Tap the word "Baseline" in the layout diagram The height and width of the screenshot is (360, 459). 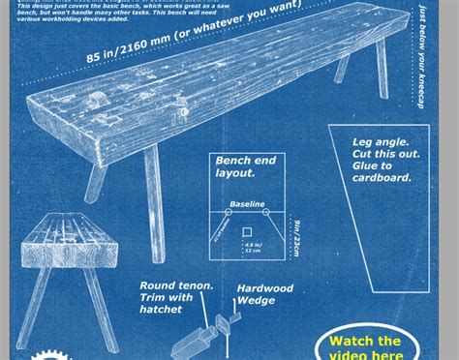pos(247,205)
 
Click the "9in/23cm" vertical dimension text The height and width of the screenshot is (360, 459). pos(296,235)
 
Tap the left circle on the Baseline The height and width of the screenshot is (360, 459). pos(229,211)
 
